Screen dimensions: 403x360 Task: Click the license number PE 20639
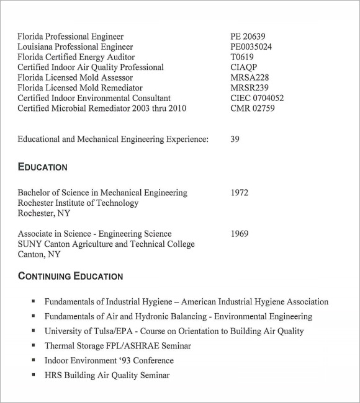[x=248, y=37]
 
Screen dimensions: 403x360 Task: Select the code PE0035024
[x=251, y=46]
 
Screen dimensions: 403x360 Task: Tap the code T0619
[x=242, y=57]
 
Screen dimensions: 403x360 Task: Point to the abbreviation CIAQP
[x=243, y=67]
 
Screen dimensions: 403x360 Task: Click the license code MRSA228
[x=250, y=77]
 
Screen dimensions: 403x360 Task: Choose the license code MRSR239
[x=250, y=88]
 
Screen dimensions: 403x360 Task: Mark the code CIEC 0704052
[x=257, y=98]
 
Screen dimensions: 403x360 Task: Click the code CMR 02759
[x=252, y=108]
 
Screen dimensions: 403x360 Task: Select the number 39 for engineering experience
[x=235, y=139]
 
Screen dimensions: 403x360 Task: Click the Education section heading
[x=42, y=167]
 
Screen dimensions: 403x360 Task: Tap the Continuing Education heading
[x=70, y=276]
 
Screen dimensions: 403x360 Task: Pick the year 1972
[x=239, y=193]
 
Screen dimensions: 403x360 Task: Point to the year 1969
[x=239, y=234]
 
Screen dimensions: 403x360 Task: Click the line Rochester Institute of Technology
[x=78, y=203]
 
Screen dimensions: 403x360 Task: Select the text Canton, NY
[x=40, y=254]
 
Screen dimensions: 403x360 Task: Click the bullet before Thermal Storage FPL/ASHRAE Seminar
[x=33, y=346]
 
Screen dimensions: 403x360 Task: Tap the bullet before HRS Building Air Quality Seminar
[x=33, y=375]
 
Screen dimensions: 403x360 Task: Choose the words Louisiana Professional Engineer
[x=75, y=46]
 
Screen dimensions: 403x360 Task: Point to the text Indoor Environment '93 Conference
[x=109, y=360]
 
